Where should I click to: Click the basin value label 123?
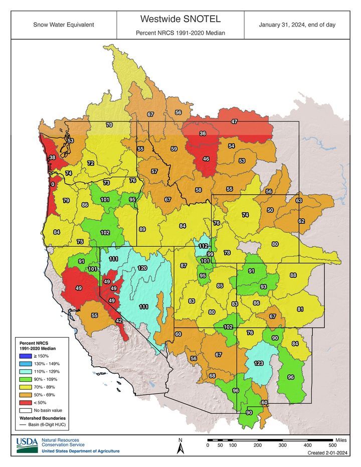[259, 363]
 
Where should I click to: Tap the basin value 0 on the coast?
[53, 184]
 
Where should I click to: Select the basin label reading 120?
[142, 268]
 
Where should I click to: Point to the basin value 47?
[234, 122]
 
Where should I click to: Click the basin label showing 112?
[203, 246]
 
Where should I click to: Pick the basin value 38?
[52, 158]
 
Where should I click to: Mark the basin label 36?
[203, 133]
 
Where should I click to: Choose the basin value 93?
[263, 286]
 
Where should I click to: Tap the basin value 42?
[119, 321]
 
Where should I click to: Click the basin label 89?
[142, 229]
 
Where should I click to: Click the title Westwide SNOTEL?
[180, 19]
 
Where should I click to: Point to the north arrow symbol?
[180, 446]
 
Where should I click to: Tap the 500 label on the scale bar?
[332, 445]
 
